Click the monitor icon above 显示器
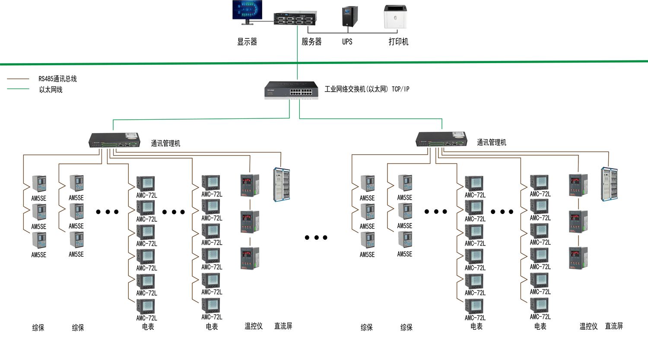point(247,11)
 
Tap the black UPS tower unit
point(350,17)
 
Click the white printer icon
point(395,17)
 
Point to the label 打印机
point(398,42)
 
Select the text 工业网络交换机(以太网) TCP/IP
point(367,89)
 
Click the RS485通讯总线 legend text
point(57,79)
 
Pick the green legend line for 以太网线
point(18,89)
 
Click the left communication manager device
point(114,140)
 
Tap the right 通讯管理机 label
point(491,142)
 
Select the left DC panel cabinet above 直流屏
point(281,185)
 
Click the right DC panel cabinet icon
point(609,184)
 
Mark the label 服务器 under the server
point(311,42)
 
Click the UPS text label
point(347,42)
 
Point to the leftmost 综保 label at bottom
point(38,328)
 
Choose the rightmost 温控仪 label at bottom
point(588,326)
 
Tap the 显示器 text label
point(247,42)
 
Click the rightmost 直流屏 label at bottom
point(614,326)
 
